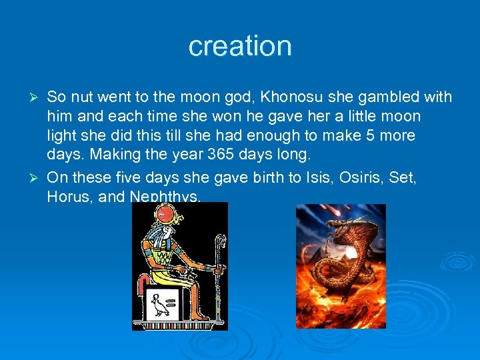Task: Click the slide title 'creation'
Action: [x=240, y=46]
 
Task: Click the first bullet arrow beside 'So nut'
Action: [x=37, y=98]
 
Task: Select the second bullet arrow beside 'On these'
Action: [x=37, y=178]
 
